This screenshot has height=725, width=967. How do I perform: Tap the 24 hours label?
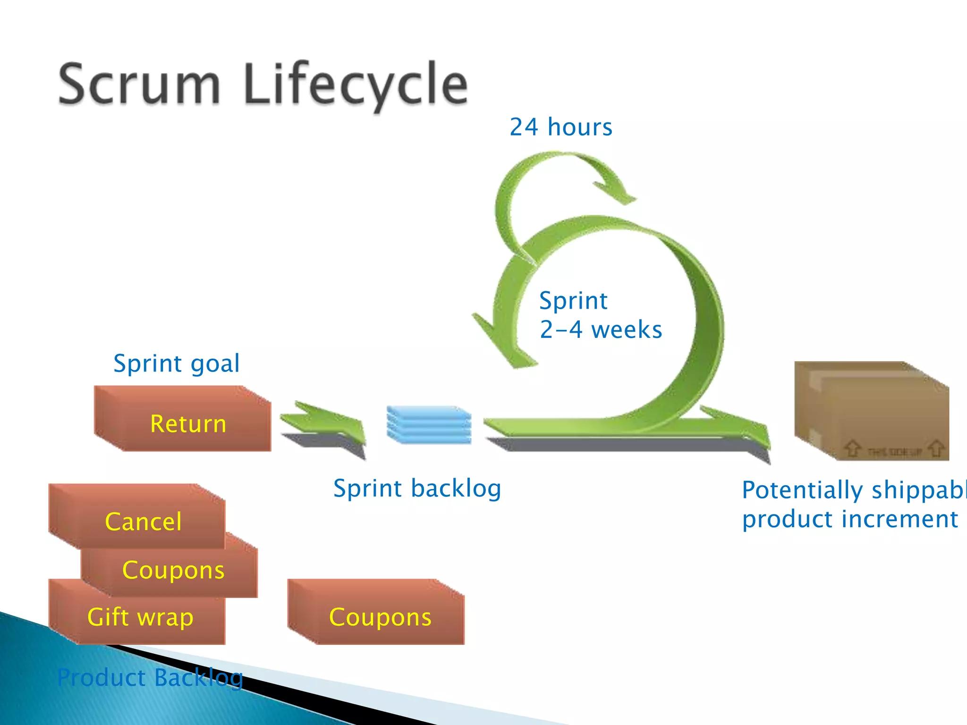[561, 127]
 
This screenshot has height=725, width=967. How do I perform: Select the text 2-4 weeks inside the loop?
[601, 329]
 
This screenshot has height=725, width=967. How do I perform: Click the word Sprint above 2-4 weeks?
[573, 301]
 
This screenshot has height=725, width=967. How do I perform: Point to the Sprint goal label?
[177, 363]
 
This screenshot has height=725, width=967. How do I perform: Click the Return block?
[188, 423]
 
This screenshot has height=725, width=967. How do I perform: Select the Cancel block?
[143, 521]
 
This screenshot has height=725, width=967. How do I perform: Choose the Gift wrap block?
[140, 617]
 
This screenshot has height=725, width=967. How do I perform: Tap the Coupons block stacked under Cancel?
[173, 570]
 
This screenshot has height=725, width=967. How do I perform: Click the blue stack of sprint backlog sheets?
[429, 424]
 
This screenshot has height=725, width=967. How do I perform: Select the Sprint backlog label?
[417, 488]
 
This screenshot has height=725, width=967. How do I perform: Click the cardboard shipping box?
[871, 411]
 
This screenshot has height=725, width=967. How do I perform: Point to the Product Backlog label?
[150, 678]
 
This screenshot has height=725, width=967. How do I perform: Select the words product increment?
[850, 519]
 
